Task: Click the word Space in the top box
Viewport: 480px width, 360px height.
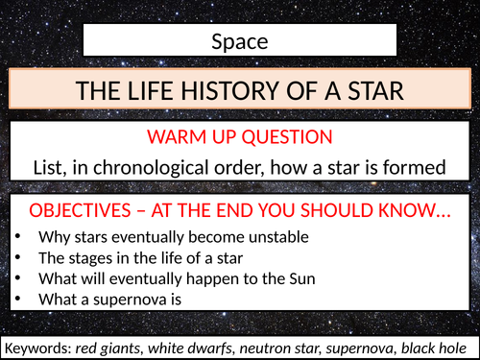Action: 239,41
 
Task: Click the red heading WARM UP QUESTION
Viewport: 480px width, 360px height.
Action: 240,138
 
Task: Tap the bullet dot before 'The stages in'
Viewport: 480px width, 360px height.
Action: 18,258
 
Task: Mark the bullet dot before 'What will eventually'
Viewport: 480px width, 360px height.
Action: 18,279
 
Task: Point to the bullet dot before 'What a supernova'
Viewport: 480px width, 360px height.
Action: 18,300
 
